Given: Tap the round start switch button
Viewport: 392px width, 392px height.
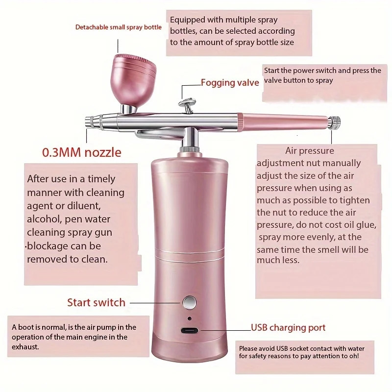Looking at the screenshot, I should coord(189,302).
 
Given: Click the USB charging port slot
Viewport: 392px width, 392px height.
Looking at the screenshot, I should coord(189,330).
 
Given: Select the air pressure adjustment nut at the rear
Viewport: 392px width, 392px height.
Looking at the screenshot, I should coord(334,121).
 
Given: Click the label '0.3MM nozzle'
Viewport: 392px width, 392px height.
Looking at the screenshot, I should coord(82,152).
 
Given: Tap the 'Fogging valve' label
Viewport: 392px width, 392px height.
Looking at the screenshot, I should coord(230,82).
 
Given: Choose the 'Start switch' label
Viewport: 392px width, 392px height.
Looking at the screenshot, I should coord(96,302).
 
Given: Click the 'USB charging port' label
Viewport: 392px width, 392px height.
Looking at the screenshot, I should coord(288,327).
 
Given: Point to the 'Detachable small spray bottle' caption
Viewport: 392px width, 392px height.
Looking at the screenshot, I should coord(118,27).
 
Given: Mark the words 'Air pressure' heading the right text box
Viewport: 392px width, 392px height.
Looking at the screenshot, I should coord(309,151).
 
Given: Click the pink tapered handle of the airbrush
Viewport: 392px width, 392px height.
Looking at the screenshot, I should coord(284,119).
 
